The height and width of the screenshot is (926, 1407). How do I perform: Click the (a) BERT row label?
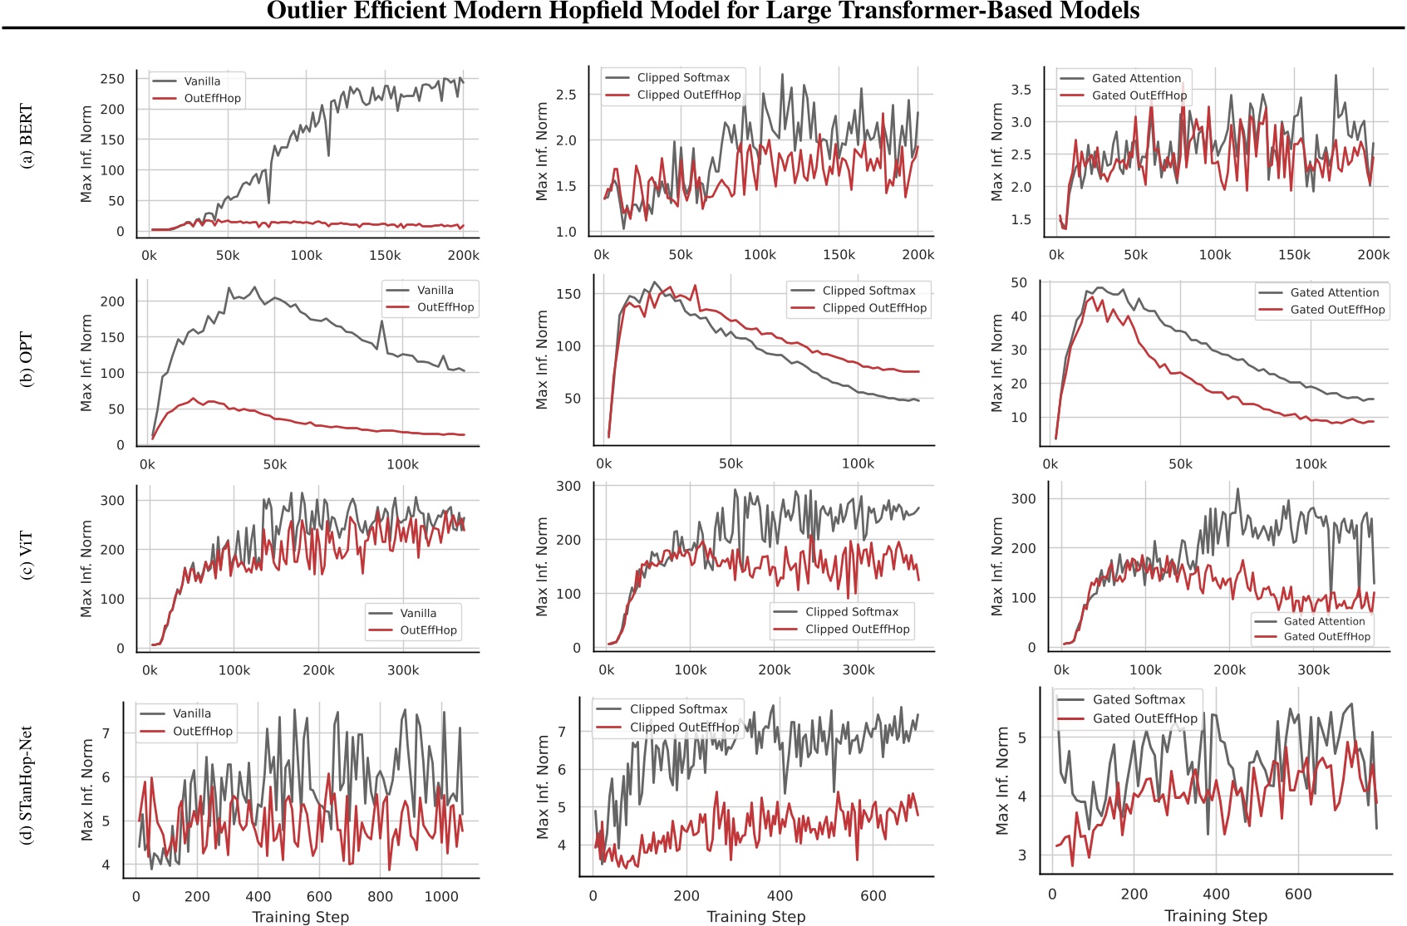tap(27, 136)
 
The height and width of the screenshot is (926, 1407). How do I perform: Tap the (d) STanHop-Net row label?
tap(27, 785)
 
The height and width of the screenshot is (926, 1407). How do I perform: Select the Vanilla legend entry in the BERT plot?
tap(202, 81)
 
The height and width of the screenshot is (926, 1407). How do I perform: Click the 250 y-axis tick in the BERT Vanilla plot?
tap(112, 79)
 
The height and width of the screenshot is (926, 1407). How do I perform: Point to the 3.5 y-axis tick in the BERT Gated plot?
tap(1021, 90)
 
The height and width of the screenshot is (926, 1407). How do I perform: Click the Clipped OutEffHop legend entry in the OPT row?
tap(874, 308)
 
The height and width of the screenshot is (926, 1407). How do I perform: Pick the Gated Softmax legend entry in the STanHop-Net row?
tap(1139, 700)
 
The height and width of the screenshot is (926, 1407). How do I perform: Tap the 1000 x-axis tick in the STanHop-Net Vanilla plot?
tap(440, 896)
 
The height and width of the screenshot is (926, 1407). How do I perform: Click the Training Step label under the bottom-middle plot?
tap(756, 917)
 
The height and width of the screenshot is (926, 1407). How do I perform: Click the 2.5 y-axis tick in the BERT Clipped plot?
tap(566, 95)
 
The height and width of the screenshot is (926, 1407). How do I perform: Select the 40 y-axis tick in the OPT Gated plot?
tap(1019, 316)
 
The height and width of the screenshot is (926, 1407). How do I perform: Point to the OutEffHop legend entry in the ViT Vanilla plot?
tap(428, 630)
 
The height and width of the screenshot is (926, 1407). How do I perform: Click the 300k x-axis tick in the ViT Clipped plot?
tap(858, 670)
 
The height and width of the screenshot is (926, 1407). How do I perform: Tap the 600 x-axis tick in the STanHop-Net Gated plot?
tap(1297, 894)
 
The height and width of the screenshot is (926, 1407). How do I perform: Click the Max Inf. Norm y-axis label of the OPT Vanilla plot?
tap(86, 362)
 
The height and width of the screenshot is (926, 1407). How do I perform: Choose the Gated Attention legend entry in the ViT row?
tap(1324, 621)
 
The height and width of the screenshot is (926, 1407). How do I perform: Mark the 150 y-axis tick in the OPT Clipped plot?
tap(568, 294)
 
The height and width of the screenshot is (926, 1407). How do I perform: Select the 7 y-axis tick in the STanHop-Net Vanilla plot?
tap(106, 733)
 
